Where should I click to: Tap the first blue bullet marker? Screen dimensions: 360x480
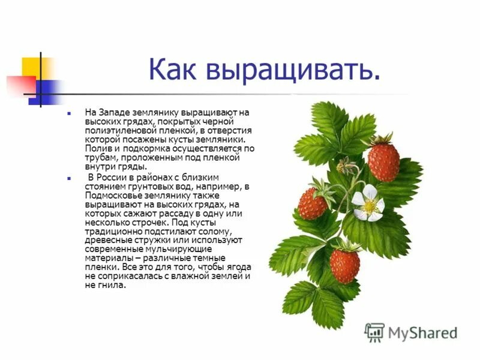click(x=70, y=112)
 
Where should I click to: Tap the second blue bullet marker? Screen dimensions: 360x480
click(x=70, y=178)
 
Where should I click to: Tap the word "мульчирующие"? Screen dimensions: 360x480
click(x=181, y=250)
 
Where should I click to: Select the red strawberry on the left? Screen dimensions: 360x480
click(x=313, y=203)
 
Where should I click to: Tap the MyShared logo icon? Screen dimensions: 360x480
click(x=374, y=332)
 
